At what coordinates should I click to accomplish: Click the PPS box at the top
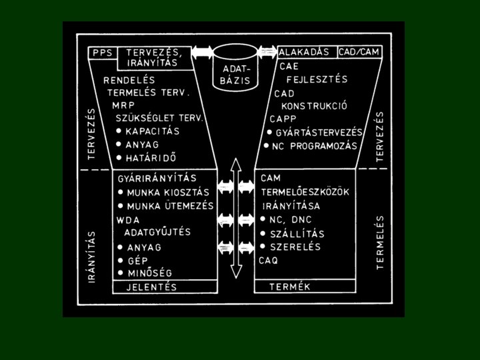(102, 51)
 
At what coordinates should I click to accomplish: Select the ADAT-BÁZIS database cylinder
(237, 69)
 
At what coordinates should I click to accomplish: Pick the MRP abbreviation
(123, 105)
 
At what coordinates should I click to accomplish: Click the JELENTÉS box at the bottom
(152, 287)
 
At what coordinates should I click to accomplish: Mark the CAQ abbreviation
(269, 260)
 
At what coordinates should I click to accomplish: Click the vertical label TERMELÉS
(381, 241)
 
